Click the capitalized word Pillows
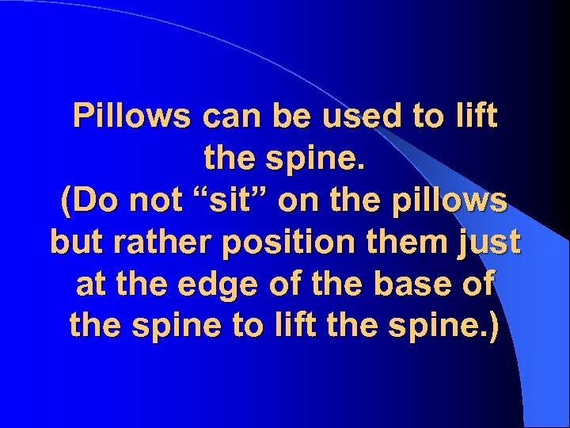pos(133,117)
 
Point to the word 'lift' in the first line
pos(473,117)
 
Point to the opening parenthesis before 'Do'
pos(66,201)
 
